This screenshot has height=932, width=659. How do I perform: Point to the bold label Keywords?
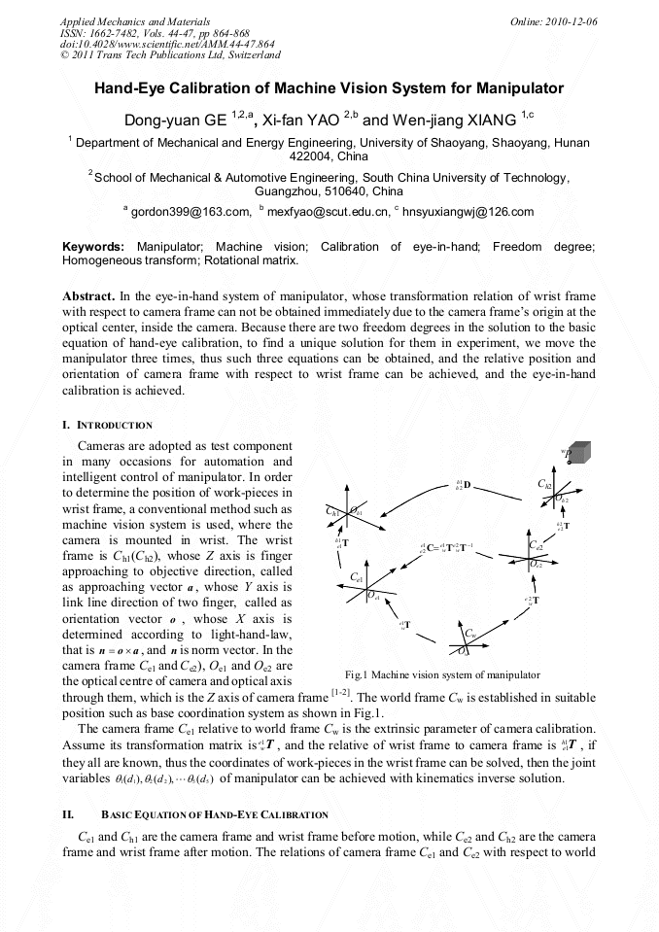point(93,247)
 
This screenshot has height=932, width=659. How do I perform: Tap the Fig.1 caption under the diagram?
point(442,674)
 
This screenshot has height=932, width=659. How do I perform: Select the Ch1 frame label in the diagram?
point(332,511)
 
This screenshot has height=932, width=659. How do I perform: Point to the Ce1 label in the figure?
point(357,578)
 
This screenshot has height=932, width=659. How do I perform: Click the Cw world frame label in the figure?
point(468,634)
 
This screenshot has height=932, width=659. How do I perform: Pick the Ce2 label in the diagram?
point(536,546)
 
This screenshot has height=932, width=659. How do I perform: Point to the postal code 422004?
point(313,155)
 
